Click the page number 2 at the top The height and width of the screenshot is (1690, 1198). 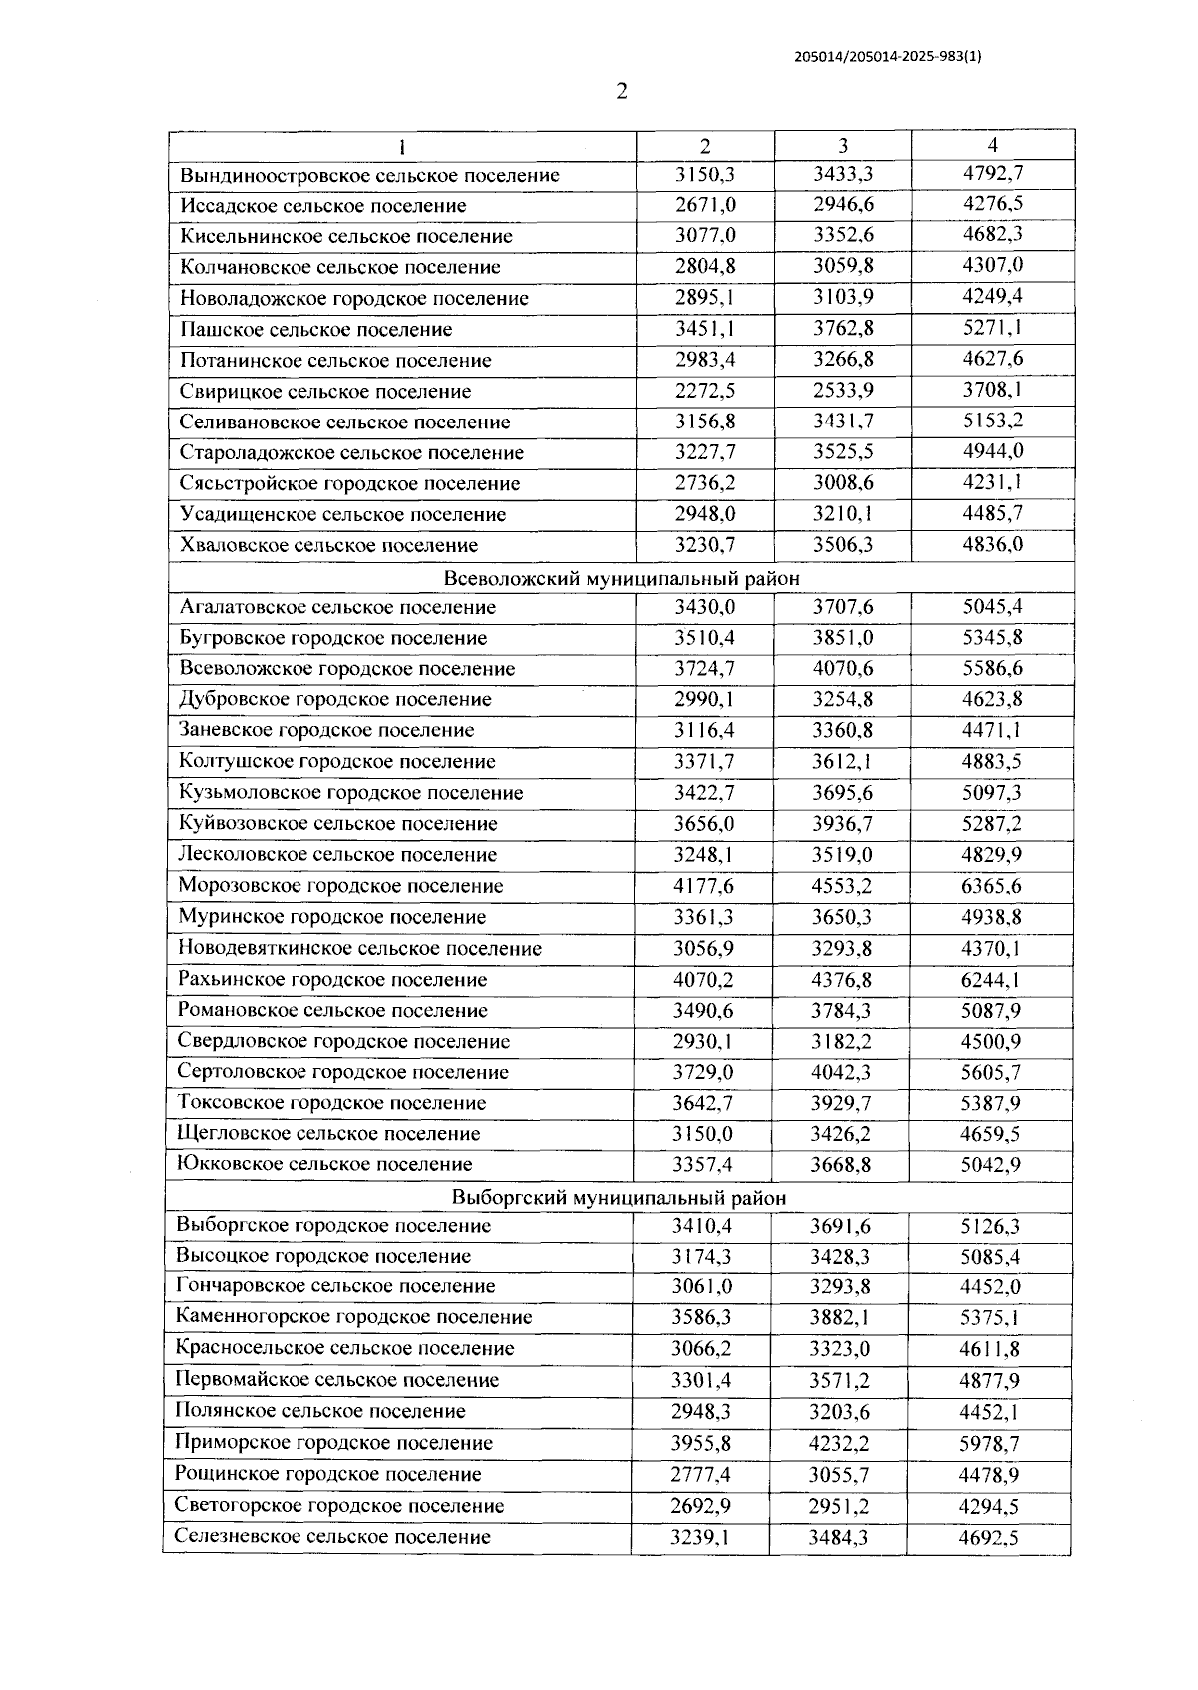[622, 92]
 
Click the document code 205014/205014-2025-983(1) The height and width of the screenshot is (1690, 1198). [888, 57]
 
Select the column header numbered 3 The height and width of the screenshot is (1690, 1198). [843, 145]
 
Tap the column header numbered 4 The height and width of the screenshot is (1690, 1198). [992, 145]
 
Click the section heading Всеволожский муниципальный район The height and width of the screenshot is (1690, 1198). [621, 578]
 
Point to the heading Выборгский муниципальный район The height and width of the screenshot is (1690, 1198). [618, 1197]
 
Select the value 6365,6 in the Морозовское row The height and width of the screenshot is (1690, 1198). [990, 886]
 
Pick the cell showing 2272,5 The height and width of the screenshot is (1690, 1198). [704, 391]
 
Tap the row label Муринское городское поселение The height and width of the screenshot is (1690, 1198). [331, 917]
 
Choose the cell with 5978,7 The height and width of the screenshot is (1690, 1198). [989, 1443]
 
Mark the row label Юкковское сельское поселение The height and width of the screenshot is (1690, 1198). [324, 1164]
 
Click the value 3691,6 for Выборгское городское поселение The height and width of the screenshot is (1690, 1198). [839, 1226]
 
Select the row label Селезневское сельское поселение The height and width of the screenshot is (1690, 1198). [332, 1536]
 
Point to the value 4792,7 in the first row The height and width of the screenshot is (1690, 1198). [992, 174]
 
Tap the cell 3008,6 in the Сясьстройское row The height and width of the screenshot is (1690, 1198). [842, 483]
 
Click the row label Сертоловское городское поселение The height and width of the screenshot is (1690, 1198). [342, 1072]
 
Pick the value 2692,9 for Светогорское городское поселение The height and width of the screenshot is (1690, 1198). [700, 1505]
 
